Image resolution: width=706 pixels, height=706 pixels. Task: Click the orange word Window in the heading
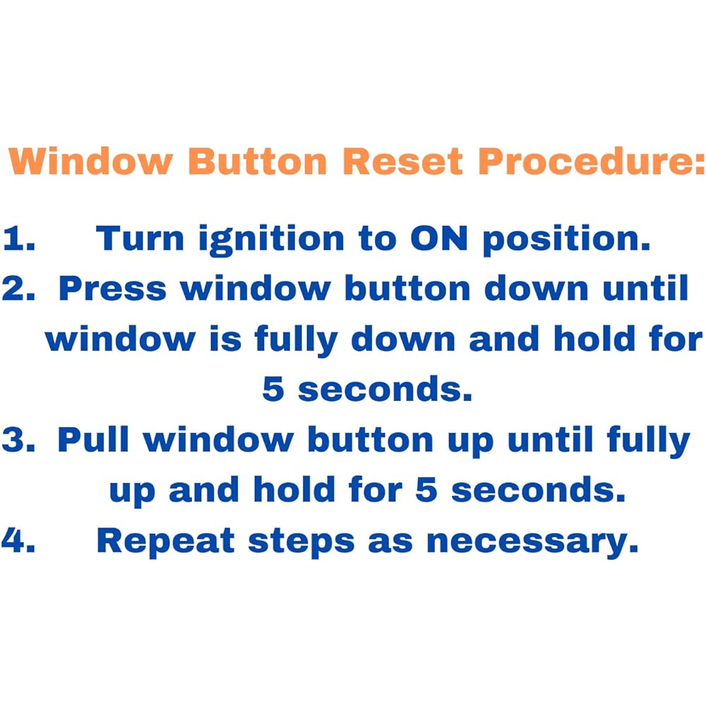pos(90,161)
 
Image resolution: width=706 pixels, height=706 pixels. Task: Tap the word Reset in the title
pos(402,161)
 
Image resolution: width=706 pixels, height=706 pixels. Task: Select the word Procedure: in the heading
pos(591,161)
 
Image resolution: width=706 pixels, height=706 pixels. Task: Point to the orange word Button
pos(258,161)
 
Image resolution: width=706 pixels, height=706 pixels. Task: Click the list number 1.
pos(19,238)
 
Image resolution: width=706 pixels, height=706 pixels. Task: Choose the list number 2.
pos(19,288)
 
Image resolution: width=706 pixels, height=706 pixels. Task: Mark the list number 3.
pos(19,439)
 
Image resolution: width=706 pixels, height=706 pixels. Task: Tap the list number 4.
pos(18,540)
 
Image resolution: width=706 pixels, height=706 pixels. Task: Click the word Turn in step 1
pos(140,238)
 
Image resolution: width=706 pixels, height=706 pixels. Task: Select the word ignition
pos(272,240)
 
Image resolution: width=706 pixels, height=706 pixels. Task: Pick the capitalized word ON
pos(439,238)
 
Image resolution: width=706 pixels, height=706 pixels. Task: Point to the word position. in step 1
pos(567,240)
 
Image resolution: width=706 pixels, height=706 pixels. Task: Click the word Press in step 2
pos(112,288)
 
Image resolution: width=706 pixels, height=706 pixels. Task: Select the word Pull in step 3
pos(93,439)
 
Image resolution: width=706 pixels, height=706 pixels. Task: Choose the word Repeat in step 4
pos(165,542)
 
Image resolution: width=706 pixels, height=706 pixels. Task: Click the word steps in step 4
pos(301,542)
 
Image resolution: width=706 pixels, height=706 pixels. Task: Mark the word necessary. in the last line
pos(532,543)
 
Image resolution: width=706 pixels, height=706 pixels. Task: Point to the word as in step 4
pos(390,543)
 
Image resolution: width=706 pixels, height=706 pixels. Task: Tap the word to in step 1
pos(377,239)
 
